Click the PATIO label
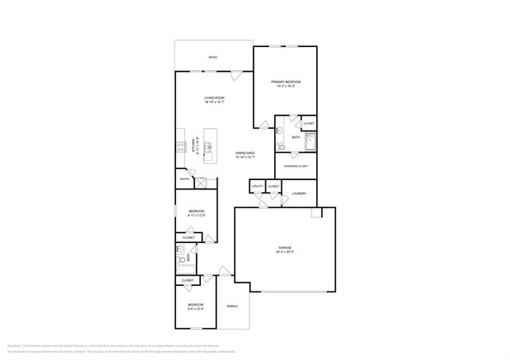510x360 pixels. coord(213,58)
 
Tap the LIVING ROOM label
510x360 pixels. coord(214,97)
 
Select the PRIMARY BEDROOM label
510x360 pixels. coord(284,81)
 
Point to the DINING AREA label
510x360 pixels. coord(245,153)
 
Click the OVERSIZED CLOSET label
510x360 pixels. coord(295,166)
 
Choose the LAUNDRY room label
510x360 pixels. coord(299,194)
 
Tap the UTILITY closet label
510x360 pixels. coord(257,186)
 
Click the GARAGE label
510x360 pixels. coord(284,248)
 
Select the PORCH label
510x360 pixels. coord(233,307)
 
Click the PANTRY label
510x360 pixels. coord(184,179)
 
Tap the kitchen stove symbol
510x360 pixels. coord(181,147)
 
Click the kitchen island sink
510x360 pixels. coord(209,147)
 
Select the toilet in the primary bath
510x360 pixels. coord(280,147)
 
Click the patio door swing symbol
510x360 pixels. coord(236,76)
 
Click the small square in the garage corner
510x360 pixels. coord(316,213)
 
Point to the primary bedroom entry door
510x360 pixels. coord(261,123)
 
